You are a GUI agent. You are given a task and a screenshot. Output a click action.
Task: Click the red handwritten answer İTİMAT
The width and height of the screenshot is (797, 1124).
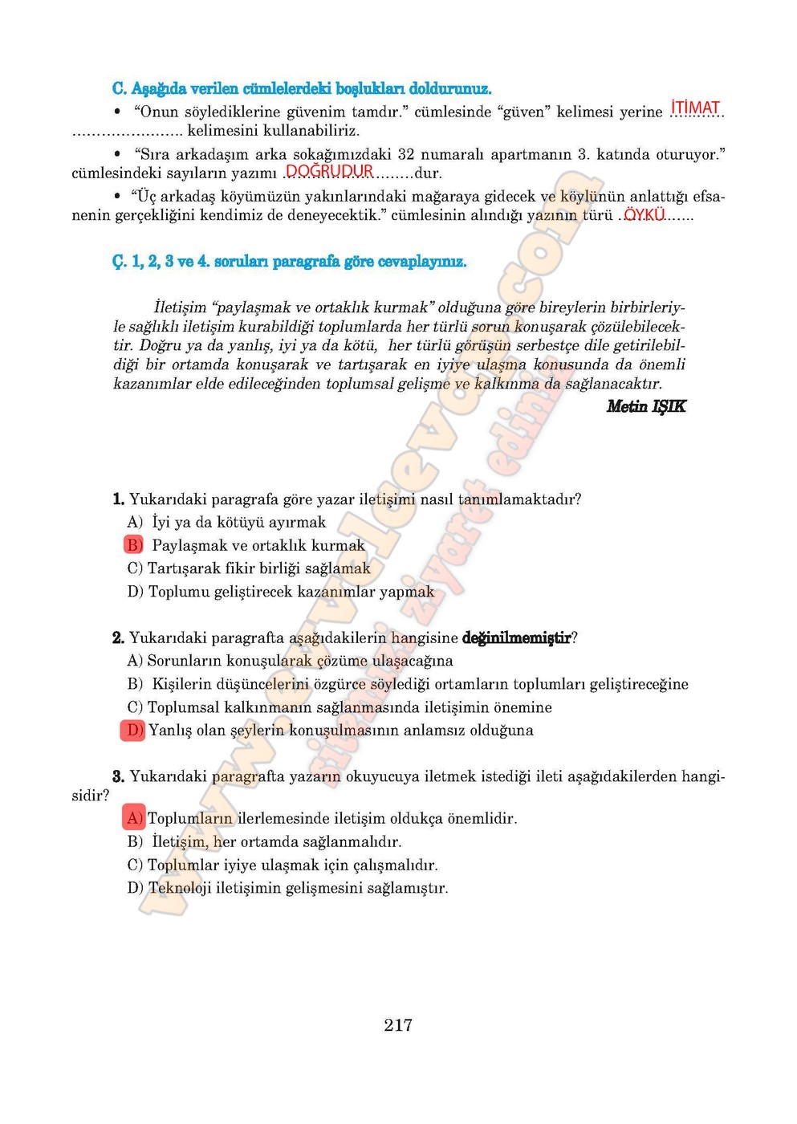point(695,108)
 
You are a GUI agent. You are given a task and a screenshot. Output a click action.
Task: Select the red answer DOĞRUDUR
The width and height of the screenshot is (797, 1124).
point(329,171)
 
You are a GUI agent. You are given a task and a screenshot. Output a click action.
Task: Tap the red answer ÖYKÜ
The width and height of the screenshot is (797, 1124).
point(644,214)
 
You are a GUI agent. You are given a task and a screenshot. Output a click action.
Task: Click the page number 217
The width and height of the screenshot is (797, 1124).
point(398,1024)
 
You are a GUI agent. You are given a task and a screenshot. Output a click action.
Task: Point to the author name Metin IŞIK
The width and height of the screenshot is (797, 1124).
point(646,406)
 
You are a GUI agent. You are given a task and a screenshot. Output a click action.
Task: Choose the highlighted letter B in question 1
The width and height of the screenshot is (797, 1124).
point(133,545)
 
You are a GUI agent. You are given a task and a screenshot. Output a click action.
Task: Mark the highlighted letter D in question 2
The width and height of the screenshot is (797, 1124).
point(133,730)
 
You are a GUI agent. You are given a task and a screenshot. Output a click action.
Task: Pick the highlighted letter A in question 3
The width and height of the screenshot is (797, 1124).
point(133,818)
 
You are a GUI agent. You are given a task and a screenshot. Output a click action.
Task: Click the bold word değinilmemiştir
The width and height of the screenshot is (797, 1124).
point(516,637)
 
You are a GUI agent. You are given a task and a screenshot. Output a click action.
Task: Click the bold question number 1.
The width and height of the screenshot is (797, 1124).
point(118,499)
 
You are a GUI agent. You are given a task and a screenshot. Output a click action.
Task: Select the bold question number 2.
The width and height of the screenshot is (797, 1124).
point(118,637)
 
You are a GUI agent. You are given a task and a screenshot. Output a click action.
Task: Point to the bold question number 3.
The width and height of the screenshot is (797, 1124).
point(118,776)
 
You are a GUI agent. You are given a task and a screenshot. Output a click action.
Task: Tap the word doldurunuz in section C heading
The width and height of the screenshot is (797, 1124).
point(449,88)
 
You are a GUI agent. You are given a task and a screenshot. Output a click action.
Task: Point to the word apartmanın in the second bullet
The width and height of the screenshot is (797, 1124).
point(530,153)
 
